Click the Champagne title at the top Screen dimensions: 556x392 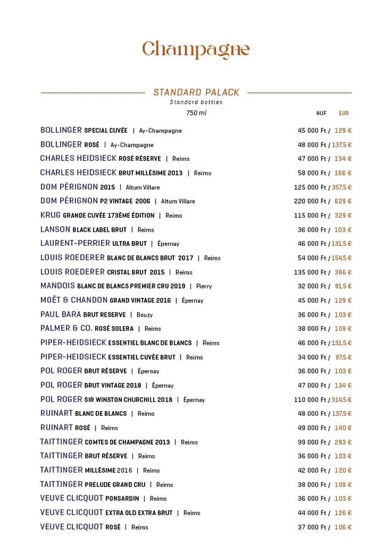(x=196, y=49)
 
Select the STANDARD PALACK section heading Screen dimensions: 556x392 (x=196, y=92)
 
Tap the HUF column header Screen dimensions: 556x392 (x=321, y=113)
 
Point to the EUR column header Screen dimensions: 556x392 (x=344, y=113)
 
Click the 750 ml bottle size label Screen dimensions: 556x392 (x=196, y=113)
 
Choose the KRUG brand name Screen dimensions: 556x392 (x=51, y=215)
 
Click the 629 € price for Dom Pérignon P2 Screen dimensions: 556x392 (x=343, y=201)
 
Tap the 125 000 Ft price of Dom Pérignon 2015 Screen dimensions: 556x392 (x=311, y=187)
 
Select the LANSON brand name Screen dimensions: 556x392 (x=55, y=229)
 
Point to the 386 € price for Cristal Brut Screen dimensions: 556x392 (x=343, y=272)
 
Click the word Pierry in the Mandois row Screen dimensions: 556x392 (x=204, y=286)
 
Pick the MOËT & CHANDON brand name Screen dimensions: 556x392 (x=73, y=300)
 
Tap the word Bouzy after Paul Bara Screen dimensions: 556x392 (x=145, y=315)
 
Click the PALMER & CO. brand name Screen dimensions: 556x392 (x=66, y=328)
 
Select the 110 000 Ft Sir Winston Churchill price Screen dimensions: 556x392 (x=311, y=400)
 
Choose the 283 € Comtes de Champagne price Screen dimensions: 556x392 (x=343, y=442)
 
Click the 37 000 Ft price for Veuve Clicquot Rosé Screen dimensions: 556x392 (x=312, y=527)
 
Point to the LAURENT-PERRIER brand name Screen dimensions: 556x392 (x=75, y=243)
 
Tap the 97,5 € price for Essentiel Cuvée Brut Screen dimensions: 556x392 (x=344, y=357)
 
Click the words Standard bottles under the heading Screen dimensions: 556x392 (x=196, y=102)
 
